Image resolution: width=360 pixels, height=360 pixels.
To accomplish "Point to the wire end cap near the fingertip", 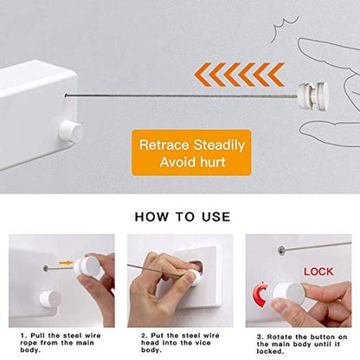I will click(x=306, y=94).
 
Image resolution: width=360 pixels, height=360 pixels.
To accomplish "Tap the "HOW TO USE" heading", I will click(x=180, y=216).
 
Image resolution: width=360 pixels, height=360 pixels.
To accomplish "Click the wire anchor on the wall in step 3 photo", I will click(x=281, y=248).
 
